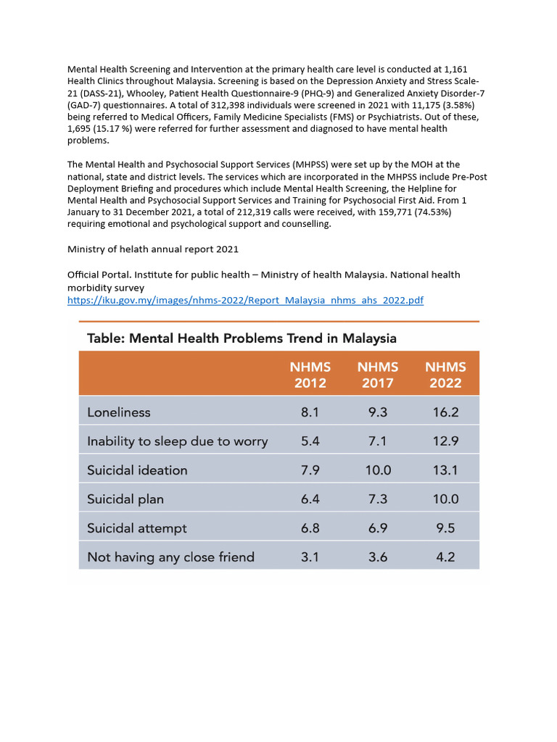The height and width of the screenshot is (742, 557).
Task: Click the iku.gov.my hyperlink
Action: click(x=245, y=300)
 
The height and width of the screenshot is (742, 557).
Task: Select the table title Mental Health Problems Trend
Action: click(x=242, y=338)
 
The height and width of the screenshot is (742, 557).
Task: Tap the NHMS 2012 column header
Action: click(x=310, y=375)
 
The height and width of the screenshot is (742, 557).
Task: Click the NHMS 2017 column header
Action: click(x=377, y=375)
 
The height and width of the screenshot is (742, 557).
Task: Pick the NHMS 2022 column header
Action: click(x=445, y=375)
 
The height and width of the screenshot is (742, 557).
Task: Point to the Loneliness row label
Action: click(x=119, y=412)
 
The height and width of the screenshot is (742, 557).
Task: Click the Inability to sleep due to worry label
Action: click(x=177, y=441)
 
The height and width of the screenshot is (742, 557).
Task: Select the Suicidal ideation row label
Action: click(x=137, y=470)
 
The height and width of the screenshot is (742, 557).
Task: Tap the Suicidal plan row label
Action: click(x=125, y=499)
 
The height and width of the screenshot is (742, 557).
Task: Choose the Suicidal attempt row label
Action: click(x=136, y=528)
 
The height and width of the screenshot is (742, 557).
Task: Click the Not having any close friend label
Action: click(x=170, y=557)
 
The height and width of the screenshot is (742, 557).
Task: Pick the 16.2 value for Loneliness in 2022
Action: click(x=445, y=412)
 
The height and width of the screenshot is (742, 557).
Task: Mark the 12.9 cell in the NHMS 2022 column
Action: click(x=445, y=441)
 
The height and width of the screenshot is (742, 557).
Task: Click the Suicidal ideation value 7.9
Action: click(x=310, y=470)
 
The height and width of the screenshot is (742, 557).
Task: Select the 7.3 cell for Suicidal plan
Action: click(x=377, y=499)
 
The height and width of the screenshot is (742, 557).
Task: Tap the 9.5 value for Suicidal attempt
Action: click(x=445, y=528)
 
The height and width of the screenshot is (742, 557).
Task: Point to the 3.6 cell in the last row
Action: click(x=377, y=557)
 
